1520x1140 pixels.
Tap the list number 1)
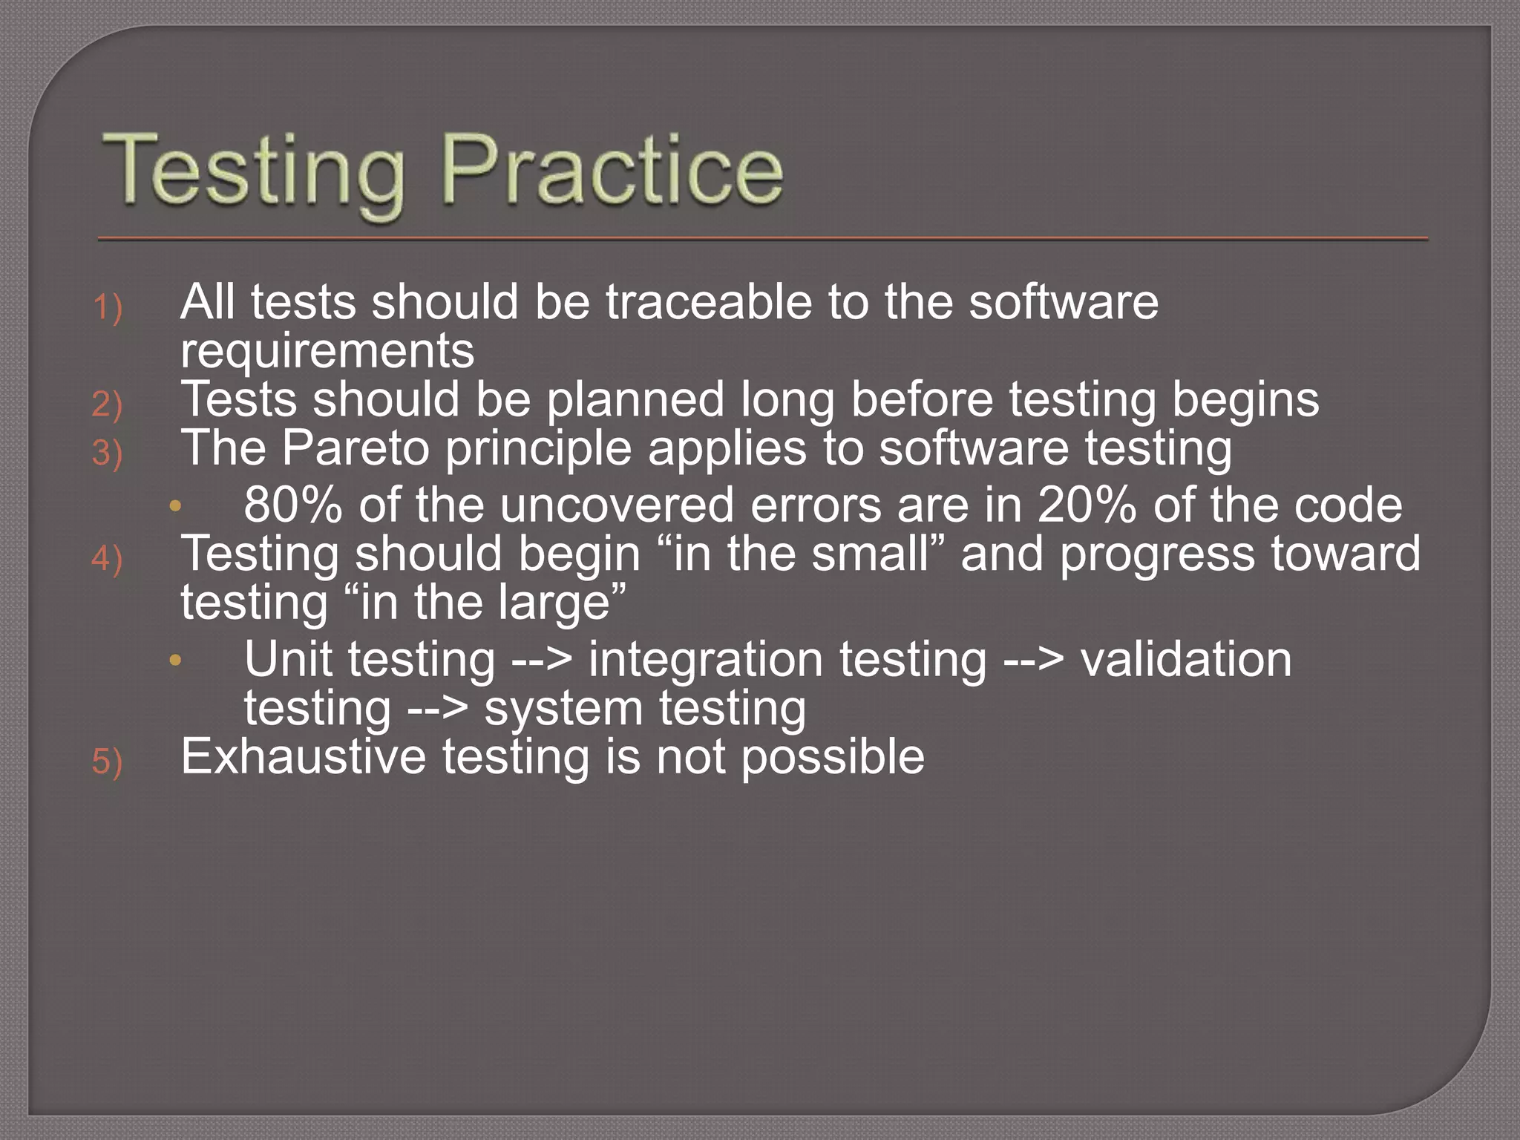(107, 307)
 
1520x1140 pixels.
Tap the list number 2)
(107, 404)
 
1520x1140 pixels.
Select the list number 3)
(107, 452)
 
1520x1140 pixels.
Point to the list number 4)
(107, 558)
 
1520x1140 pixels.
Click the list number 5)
(107, 761)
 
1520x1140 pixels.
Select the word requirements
(327, 351)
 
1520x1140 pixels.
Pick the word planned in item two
(635, 400)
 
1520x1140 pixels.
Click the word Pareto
(356, 448)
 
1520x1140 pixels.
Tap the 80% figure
(293, 505)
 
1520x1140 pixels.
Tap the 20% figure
(1087, 505)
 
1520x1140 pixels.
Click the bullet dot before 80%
(175, 506)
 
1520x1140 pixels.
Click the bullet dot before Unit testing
(175, 660)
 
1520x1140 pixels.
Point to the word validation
(1186, 660)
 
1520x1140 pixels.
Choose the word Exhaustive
(304, 757)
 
